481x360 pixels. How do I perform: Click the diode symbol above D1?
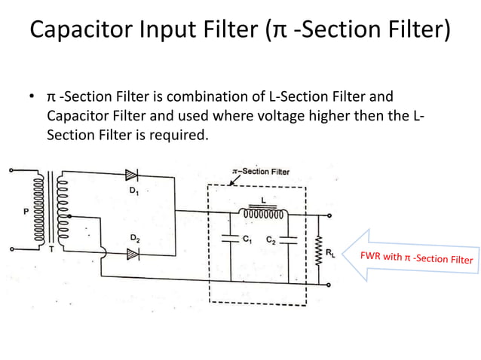133,175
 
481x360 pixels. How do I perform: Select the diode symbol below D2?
133,255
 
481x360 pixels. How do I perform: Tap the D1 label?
134,191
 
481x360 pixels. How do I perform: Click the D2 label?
133,239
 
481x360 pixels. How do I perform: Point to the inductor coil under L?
264,213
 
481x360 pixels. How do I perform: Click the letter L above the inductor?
263,199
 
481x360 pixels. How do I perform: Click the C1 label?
246,239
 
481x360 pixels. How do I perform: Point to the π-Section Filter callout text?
261,171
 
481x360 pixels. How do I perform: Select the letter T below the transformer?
51,251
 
